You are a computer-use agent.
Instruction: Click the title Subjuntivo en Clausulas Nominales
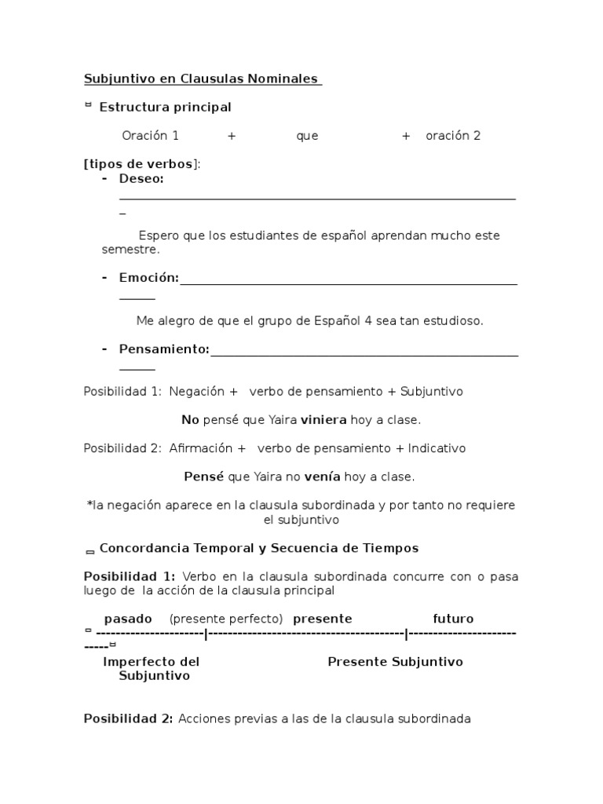(202, 79)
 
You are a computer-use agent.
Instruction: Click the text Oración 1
(150, 136)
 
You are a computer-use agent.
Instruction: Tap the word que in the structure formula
(307, 136)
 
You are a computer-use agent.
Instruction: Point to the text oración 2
(453, 136)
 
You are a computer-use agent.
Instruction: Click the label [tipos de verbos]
(141, 163)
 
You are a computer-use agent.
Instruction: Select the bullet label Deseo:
(141, 178)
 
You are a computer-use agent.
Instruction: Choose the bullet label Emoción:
(148, 278)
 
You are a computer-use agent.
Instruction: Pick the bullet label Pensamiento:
(164, 349)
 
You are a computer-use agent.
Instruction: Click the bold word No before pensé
(190, 420)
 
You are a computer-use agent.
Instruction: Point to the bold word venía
(322, 477)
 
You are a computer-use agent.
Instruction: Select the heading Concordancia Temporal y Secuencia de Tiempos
(259, 548)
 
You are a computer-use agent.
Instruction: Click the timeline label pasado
(128, 619)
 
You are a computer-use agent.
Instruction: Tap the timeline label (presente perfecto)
(226, 619)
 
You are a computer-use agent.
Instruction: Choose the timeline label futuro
(453, 619)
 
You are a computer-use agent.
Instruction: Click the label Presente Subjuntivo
(395, 662)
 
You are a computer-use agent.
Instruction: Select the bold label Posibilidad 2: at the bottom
(128, 718)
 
